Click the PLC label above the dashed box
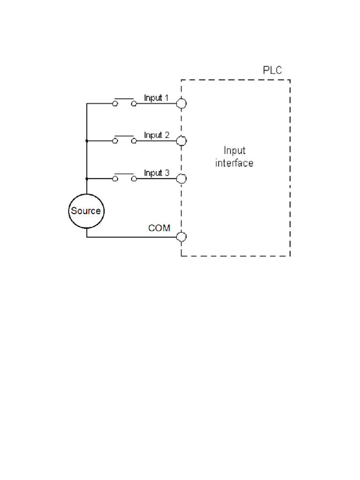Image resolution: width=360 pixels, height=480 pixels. (272, 71)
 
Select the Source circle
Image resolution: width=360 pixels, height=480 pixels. (86, 211)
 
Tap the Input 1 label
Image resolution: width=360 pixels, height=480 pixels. (156, 98)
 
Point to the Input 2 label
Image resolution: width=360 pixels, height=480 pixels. (156, 135)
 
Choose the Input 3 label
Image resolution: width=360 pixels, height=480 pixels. (156, 173)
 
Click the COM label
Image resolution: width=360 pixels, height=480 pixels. (159, 228)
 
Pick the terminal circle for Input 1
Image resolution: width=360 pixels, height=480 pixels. (181, 104)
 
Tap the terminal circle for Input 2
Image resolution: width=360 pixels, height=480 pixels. (181, 141)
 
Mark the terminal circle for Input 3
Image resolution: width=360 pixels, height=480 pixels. (181, 179)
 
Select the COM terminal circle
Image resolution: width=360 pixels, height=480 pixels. (181, 237)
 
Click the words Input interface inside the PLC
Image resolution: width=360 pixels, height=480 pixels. (234, 157)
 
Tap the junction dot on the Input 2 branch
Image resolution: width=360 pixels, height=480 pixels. (87, 141)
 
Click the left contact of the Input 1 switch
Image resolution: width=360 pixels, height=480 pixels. (115, 104)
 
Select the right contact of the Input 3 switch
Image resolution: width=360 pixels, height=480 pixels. (134, 179)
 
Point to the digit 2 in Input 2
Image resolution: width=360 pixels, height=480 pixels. (166, 135)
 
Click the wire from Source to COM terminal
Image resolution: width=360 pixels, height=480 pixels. (131, 237)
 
